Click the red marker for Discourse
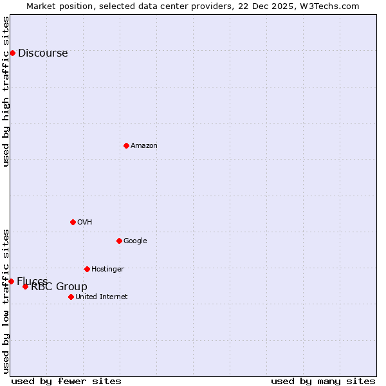tap(12, 53)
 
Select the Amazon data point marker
tap(126, 145)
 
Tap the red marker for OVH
tap(73, 222)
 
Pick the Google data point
tap(119, 241)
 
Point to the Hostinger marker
tap(87, 269)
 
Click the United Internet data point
tap(71, 297)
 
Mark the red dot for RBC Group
tap(25, 286)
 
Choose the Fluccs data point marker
tap(11, 281)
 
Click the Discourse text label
tap(42, 53)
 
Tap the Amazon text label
tap(143, 146)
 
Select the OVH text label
tap(84, 223)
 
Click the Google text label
tap(135, 241)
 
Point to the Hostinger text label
tap(107, 270)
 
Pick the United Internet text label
tap(101, 297)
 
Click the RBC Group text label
tap(59, 287)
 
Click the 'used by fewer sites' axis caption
tap(66, 381)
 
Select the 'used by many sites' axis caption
tap(323, 381)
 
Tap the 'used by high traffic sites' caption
tap(6, 91)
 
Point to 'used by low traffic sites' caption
tap(6, 300)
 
